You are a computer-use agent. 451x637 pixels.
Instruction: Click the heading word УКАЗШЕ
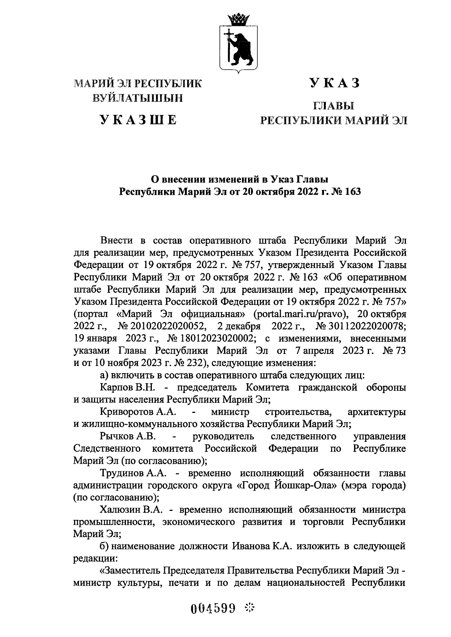138,120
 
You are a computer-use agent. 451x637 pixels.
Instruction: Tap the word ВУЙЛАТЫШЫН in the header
138,98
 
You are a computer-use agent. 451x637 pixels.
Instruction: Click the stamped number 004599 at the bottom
213,608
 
